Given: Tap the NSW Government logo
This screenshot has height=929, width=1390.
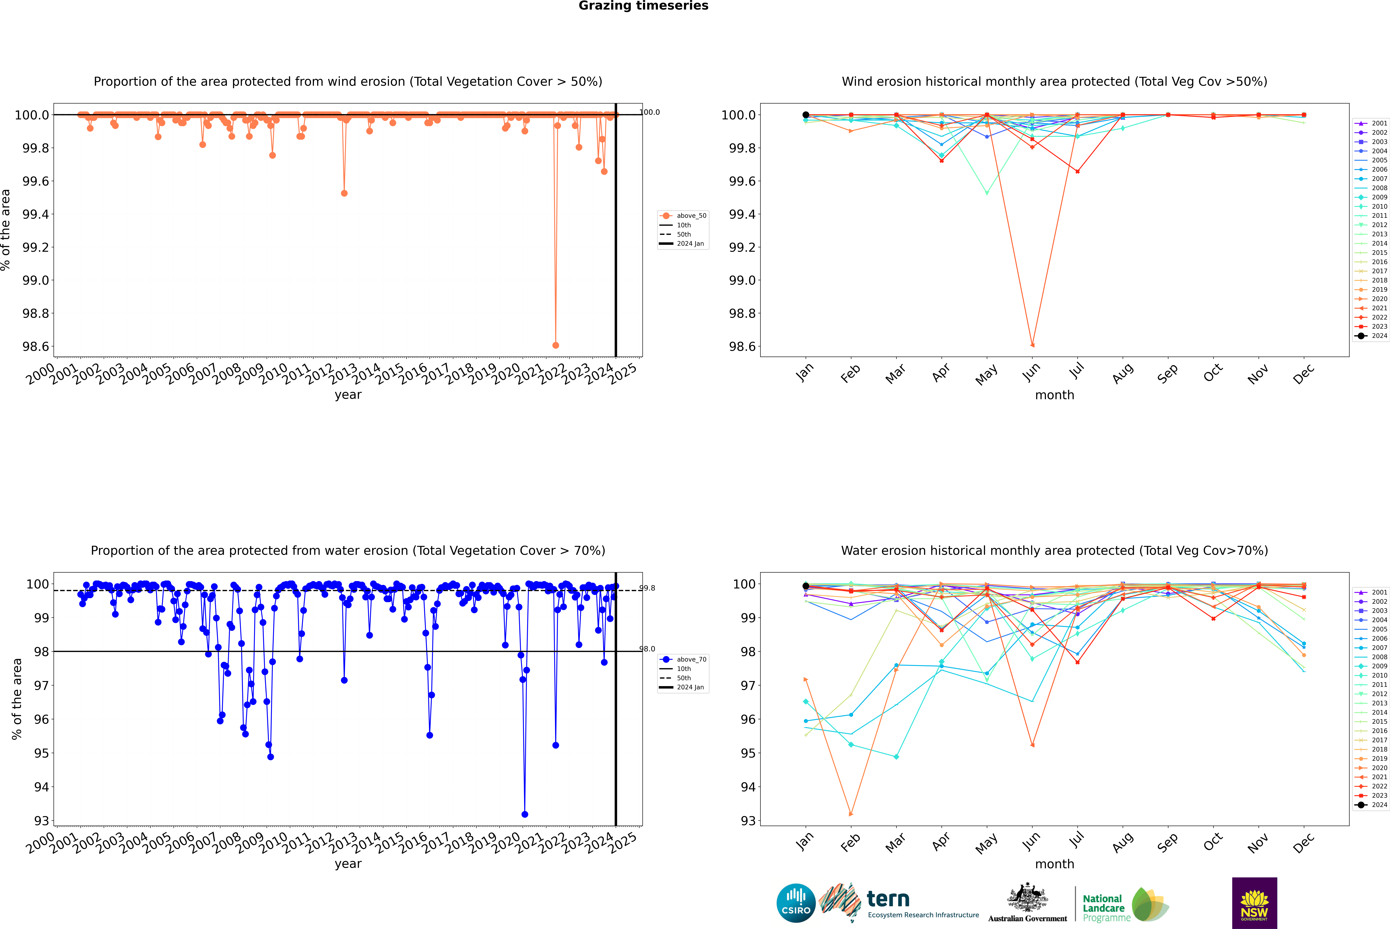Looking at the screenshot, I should point(1254,903).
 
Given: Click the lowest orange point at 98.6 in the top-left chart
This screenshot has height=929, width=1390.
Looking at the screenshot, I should point(555,345).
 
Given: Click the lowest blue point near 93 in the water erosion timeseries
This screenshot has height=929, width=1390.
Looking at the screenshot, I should point(524,814).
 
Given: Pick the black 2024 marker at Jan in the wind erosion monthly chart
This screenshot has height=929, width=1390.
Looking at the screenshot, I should point(806,115).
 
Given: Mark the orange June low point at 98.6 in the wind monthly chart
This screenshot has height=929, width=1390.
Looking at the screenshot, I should point(1032,345).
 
